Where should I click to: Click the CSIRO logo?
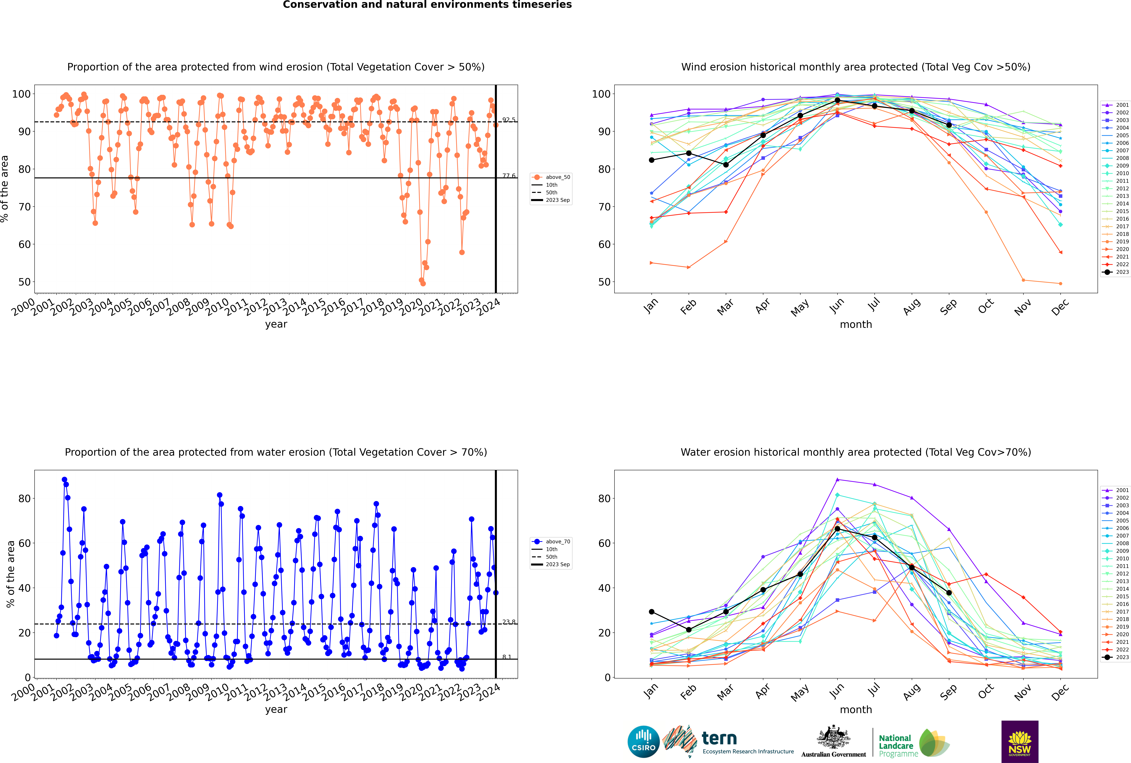tap(643, 742)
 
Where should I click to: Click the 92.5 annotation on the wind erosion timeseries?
tap(509, 120)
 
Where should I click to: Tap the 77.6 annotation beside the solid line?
tap(509, 176)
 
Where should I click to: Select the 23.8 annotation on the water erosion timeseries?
tap(509, 622)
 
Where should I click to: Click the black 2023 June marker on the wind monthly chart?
tap(837, 100)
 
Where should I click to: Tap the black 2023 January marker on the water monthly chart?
tap(652, 612)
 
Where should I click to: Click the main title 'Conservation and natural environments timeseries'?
tap(427, 5)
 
